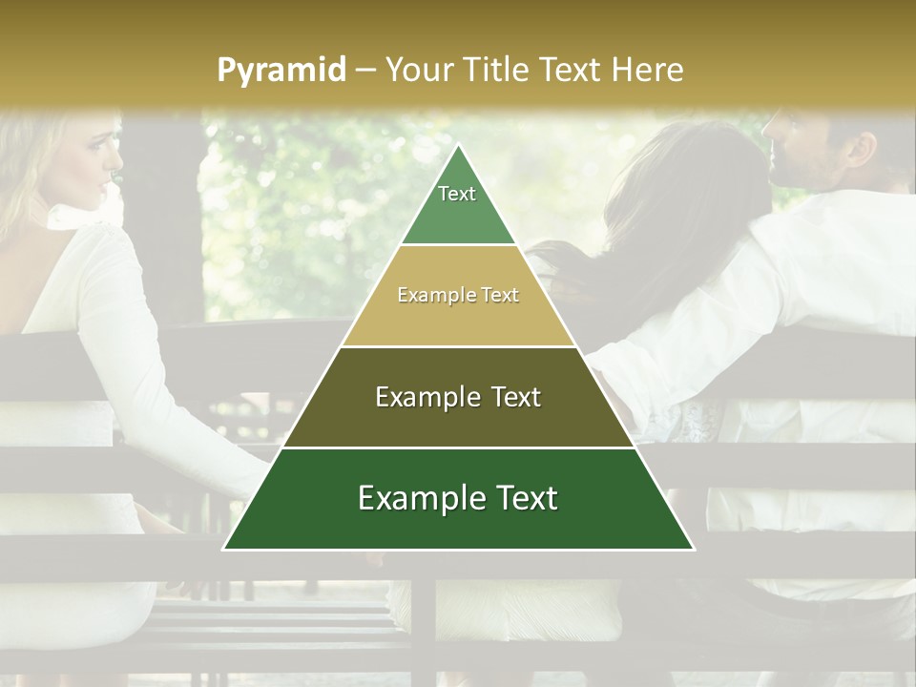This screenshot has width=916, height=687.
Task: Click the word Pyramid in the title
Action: tap(281, 70)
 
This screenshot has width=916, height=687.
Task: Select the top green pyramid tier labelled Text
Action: tap(458, 205)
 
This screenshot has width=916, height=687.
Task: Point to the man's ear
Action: tap(862, 148)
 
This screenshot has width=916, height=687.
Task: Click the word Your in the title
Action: tap(417, 70)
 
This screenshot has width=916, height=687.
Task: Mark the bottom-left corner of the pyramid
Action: tap(224, 549)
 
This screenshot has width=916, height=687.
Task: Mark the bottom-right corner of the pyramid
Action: tap(693, 549)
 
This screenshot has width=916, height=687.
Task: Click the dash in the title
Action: tap(364, 71)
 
